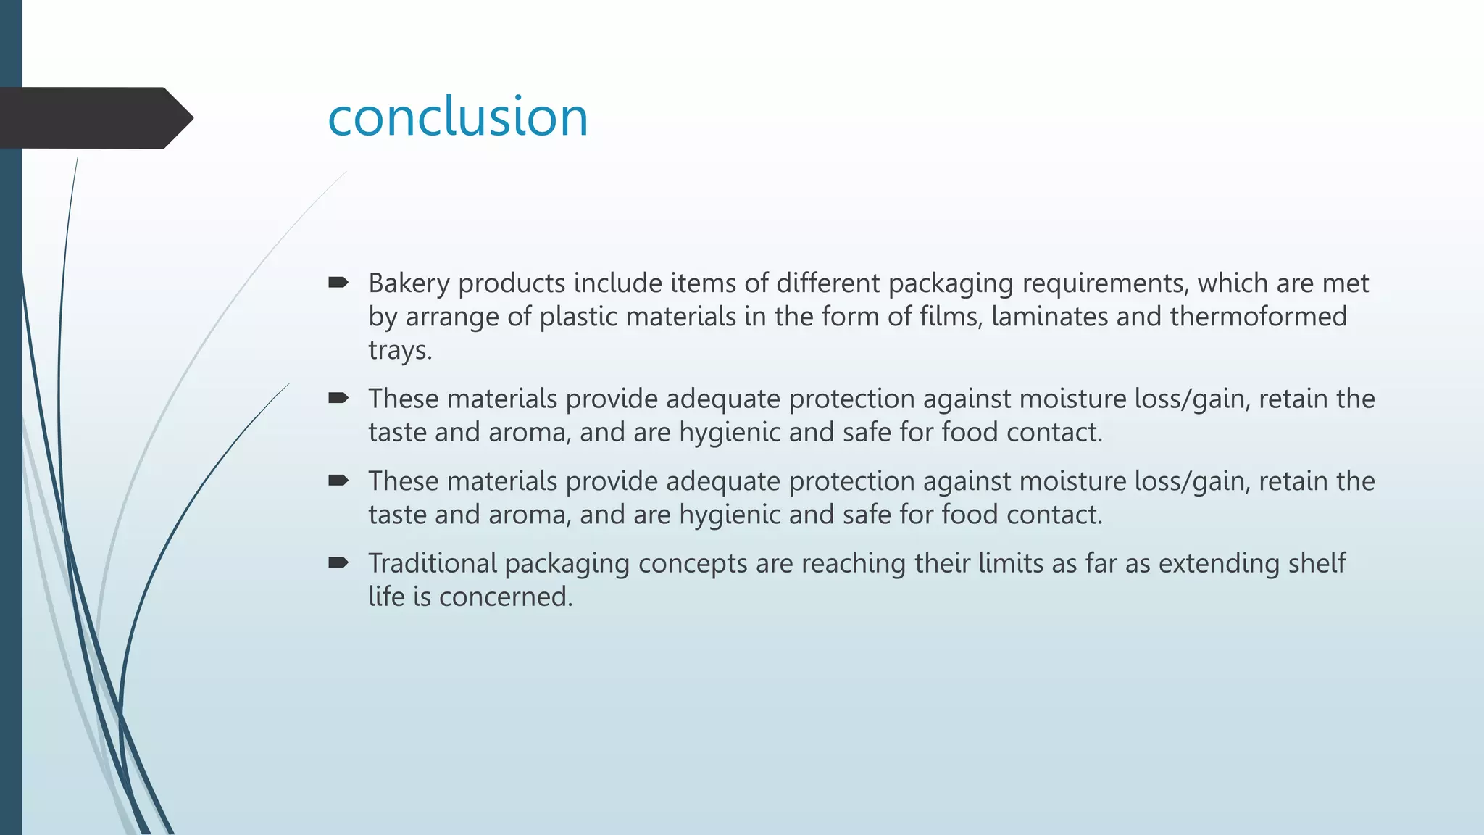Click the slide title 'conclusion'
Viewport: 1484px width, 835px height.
(x=458, y=117)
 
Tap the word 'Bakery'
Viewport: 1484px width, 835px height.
(x=409, y=283)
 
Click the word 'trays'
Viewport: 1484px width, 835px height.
(x=399, y=351)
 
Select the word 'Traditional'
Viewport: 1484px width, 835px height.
(x=433, y=563)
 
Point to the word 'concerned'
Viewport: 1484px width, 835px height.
(x=505, y=597)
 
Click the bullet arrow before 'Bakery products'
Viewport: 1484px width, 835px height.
(x=338, y=282)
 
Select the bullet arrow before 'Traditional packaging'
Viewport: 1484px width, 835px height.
(x=338, y=562)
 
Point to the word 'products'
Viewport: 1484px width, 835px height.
(x=512, y=283)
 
